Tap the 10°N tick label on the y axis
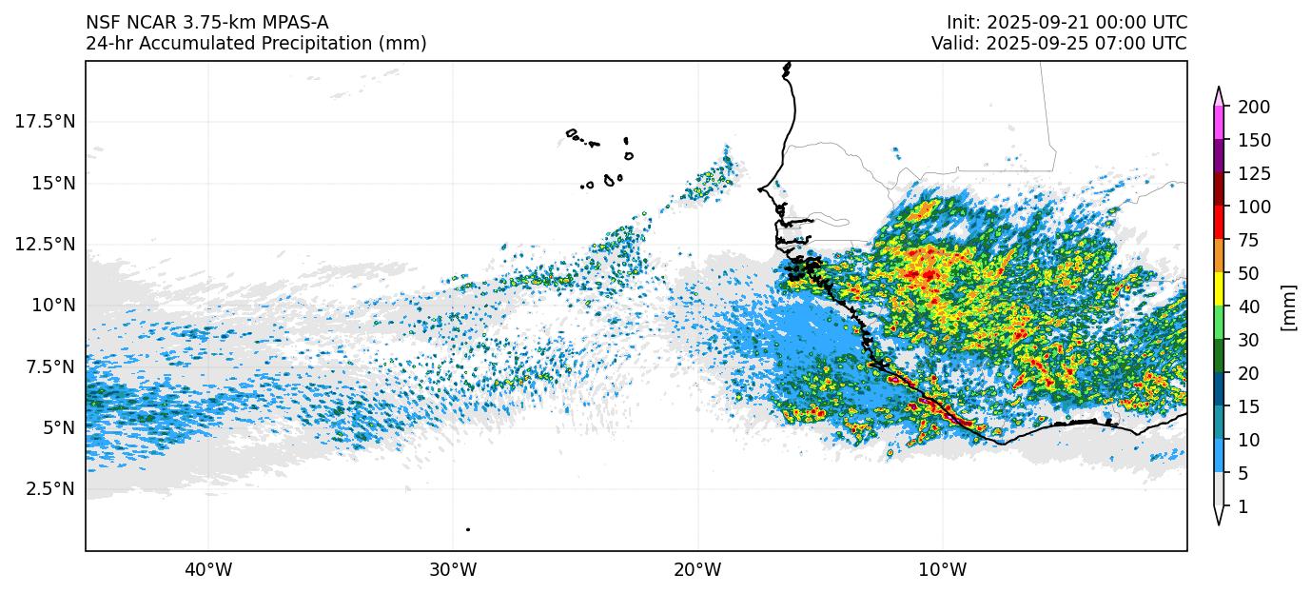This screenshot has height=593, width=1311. (x=52, y=305)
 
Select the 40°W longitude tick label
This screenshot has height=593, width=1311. (x=207, y=570)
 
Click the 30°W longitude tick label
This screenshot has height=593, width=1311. (x=453, y=570)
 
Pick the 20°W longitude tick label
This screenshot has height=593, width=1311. (x=697, y=570)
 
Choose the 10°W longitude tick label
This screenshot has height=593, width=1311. (x=943, y=570)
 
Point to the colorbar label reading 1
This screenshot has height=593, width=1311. (x=1243, y=507)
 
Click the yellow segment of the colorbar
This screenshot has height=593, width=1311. (x=1218, y=289)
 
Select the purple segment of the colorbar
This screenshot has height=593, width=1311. (x=1218, y=156)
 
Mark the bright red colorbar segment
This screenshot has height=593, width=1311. (x=1218, y=223)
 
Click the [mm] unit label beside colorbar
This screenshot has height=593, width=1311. (x=1289, y=306)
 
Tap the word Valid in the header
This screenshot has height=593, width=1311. (x=952, y=44)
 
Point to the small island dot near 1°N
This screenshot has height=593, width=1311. (x=468, y=529)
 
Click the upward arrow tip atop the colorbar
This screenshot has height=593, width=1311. (x=1218, y=89)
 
